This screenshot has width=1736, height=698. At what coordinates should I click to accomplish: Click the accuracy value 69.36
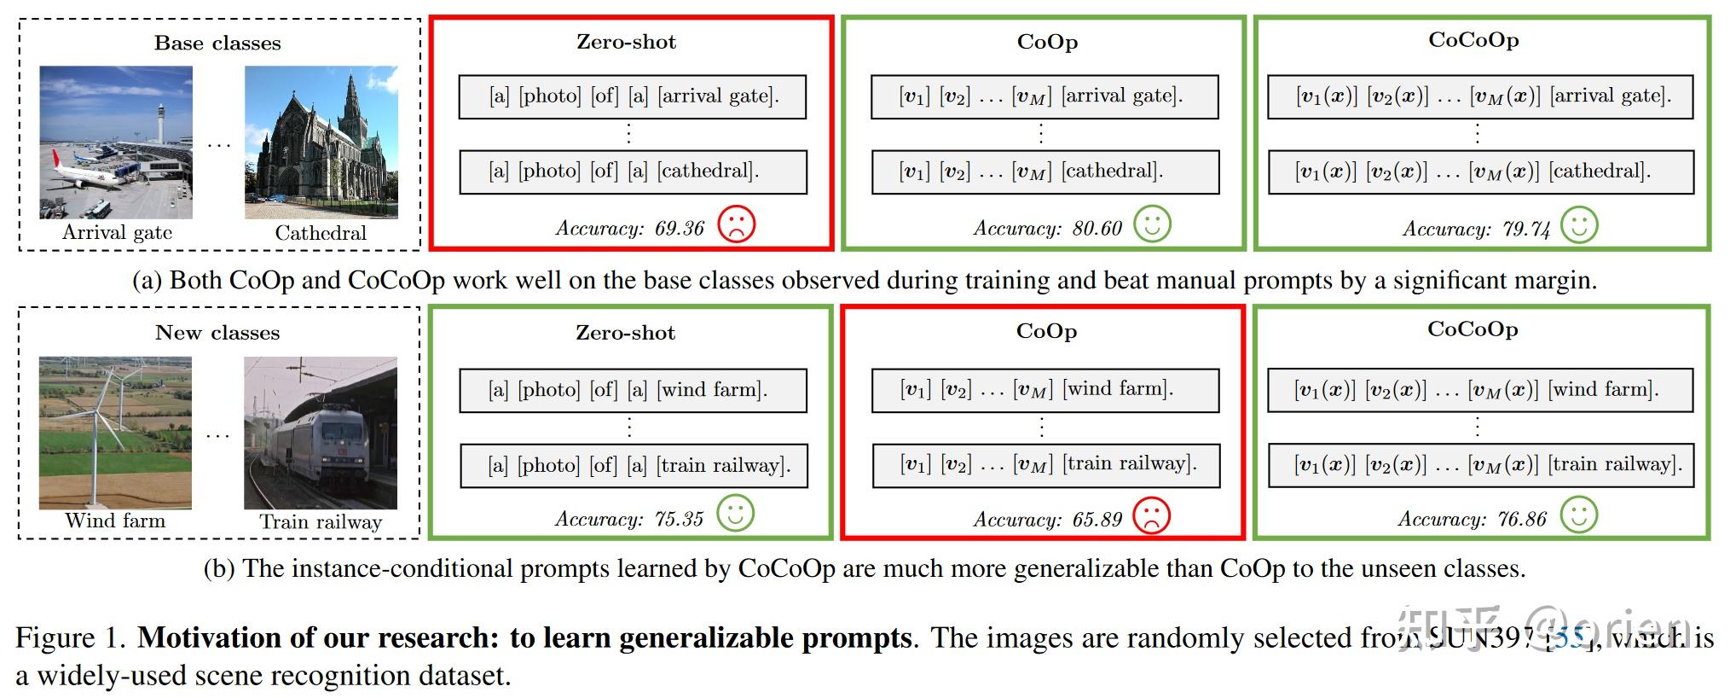click(x=680, y=229)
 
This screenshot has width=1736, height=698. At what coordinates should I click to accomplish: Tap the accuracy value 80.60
click(x=1097, y=229)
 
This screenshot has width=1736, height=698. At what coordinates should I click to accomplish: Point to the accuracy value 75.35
click(x=679, y=519)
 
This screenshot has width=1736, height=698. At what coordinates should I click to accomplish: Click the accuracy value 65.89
click(x=1097, y=520)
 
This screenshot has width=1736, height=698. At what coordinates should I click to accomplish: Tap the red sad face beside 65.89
click(x=1151, y=515)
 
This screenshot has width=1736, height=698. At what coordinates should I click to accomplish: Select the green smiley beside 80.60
click(x=1152, y=224)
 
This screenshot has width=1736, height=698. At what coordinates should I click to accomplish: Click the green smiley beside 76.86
click(x=1578, y=515)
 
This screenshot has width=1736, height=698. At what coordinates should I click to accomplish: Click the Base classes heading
click(x=217, y=44)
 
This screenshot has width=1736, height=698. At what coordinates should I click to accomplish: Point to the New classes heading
click(x=217, y=333)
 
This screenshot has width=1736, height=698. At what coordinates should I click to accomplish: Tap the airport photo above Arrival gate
click(x=116, y=143)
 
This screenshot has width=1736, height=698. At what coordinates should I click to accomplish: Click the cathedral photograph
click(x=321, y=143)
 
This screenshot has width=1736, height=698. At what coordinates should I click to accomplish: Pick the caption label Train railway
click(x=321, y=522)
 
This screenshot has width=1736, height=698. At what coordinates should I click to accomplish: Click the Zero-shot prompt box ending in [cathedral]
click(x=633, y=172)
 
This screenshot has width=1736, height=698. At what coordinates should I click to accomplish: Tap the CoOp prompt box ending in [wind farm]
click(x=1045, y=389)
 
